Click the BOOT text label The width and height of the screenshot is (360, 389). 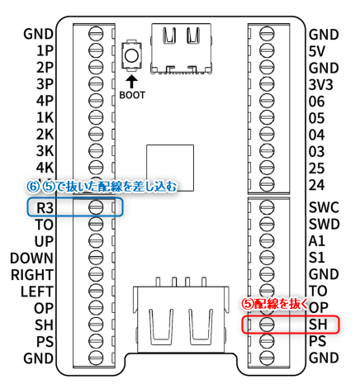click(x=132, y=95)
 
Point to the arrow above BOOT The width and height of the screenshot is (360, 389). click(x=131, y=81)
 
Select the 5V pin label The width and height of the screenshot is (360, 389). click(x=317, y=51)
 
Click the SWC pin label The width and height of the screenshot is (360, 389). click(x=323, y=207)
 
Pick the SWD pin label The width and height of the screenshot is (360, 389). click(x=324, y=224)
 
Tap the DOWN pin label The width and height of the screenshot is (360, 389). click(x=32, y=258)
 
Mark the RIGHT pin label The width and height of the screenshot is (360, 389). click(x=33, y=274)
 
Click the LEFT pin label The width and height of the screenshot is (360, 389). click(x=37, y=291)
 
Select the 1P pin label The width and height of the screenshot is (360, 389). click(x=45, y=51)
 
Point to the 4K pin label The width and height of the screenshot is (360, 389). click(x=45, y=167)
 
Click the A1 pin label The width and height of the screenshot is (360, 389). click(x=316, y=241)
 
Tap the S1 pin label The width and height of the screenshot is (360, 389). click(x=316, y=258)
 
